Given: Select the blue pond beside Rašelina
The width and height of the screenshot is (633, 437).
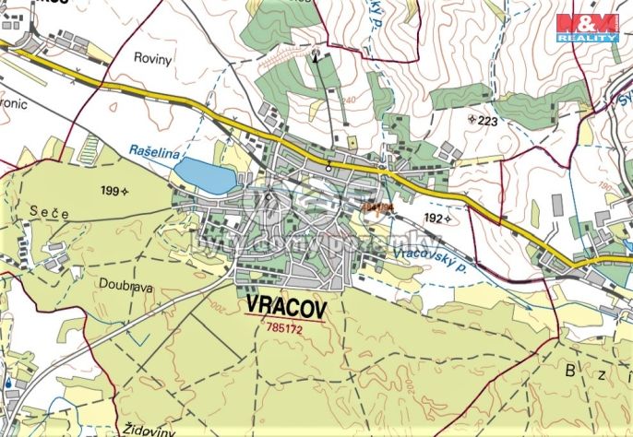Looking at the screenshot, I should (x=207, y=174).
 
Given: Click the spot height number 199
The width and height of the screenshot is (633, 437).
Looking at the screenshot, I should (x=111, y=191).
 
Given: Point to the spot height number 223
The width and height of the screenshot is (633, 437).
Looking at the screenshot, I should (x=486, y=120).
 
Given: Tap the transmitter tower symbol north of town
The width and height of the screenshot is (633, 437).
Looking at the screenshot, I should (x=316, y=53).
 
